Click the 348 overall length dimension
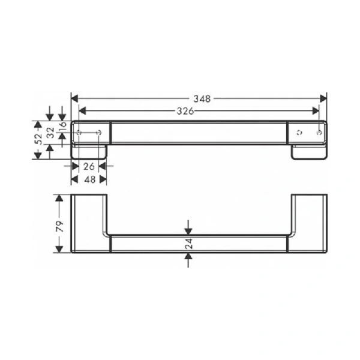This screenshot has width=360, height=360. pyautogui.click(x=202, y=99)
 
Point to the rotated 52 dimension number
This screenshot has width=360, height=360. pyautogui.click(x=38, y=139)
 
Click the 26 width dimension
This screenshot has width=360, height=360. pyautogui.click(x=89, y=166)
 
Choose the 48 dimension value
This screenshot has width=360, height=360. pyautogui.click(x=89, y=179)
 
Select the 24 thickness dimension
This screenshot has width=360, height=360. pyautogui.click(x=188, y=243)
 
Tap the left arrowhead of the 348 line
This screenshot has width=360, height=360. pyautogui.click(x=75, y=98)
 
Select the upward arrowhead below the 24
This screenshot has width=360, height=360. pyautogui.click(x=188, y=257)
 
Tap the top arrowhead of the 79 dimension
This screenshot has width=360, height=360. pyautogui.click(x=59, y=199)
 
